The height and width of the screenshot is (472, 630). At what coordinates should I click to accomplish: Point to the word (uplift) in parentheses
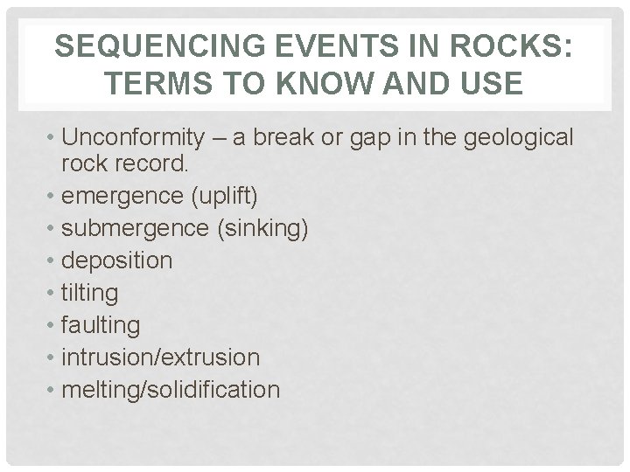coord(224,196)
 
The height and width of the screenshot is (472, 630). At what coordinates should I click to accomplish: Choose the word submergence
coord(133,228)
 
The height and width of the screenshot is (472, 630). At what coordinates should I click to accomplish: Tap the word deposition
coord(117,260)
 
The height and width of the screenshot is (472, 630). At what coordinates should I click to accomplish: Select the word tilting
coord(90,293)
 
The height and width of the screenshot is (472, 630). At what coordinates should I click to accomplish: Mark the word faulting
coord(101,325)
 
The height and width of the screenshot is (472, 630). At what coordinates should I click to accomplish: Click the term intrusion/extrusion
coord(161,357)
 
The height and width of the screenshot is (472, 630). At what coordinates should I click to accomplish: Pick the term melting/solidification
coord(171,390)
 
